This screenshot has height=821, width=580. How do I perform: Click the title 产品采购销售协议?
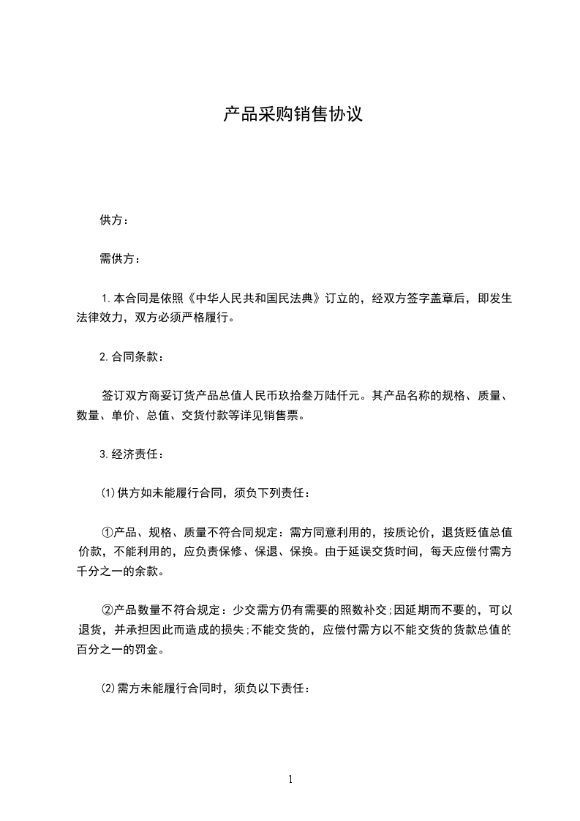[x=293, y=115]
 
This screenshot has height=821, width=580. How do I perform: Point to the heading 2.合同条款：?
[x=132, y=357]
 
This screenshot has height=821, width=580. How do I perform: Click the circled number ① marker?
[x=108, y=531]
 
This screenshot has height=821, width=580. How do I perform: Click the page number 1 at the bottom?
[x=290, y=779]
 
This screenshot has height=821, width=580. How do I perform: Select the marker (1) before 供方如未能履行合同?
[x=108, y=492]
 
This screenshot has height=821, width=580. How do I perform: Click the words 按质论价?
[x=409, y=531]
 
